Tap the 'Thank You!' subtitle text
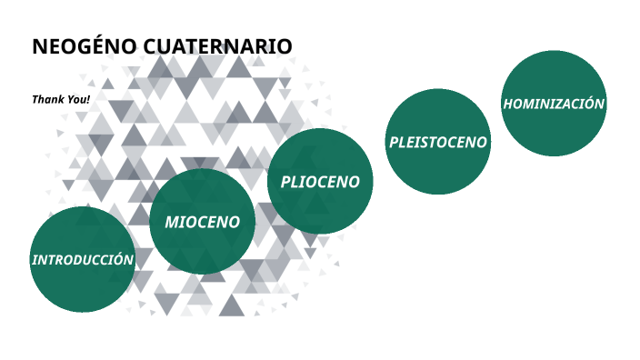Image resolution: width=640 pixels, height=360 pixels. point(61,98)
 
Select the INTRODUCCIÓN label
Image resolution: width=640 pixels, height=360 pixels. point(83,260)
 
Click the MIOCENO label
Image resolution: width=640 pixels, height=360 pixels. point(202,222)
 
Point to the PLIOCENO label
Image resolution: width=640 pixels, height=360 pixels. point(320,182)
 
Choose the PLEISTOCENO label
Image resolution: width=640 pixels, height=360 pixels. point(438,143)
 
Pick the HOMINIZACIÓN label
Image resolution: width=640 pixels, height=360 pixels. point(554,104)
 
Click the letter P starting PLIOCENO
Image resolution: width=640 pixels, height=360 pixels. point(285,182)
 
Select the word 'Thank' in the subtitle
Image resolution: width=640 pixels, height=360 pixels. point(47,98)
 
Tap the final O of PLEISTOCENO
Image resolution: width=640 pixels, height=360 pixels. point(482,143)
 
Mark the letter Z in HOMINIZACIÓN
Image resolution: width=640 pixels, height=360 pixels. point(564,104)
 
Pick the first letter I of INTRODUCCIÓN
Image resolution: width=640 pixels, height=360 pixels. point(35,260)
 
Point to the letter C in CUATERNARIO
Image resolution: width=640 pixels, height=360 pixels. point(151,46)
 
